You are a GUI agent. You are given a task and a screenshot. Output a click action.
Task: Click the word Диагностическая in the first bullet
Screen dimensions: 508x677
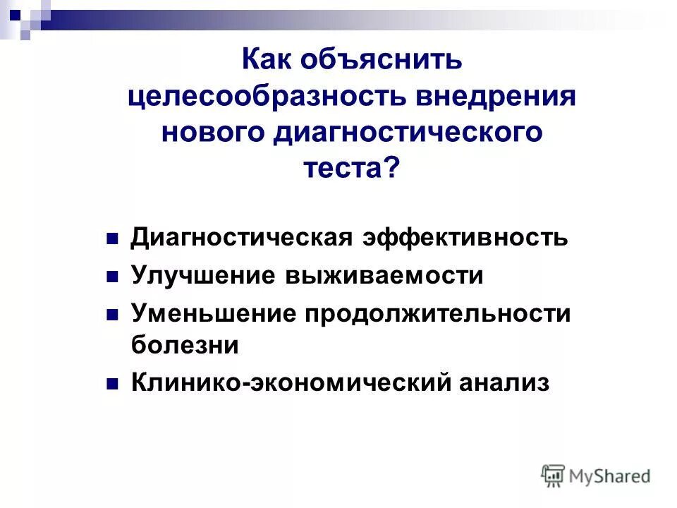point(241,238)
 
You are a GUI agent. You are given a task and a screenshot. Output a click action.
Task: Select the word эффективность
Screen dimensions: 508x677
point(465,238)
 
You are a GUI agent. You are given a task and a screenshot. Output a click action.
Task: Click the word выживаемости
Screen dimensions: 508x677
point(384,275)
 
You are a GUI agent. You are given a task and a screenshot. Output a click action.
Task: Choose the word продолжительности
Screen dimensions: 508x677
point(437,313)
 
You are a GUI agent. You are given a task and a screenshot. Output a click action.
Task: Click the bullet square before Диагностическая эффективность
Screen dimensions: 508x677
point(111,239)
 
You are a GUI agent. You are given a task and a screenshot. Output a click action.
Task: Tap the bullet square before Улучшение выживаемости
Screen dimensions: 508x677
point(111,277)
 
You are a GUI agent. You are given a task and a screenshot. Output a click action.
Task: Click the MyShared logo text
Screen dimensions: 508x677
point(610,476)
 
